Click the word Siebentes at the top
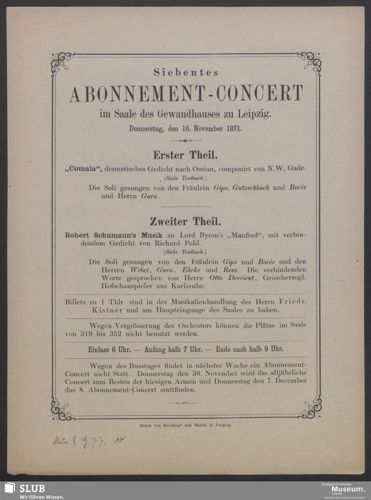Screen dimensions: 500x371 point(186,73)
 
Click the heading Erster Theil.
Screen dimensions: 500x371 point(185,155)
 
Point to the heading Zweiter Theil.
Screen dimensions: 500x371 point(185,222)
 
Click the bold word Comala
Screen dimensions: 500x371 point(83,168)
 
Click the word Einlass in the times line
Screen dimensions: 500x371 point(98,350)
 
